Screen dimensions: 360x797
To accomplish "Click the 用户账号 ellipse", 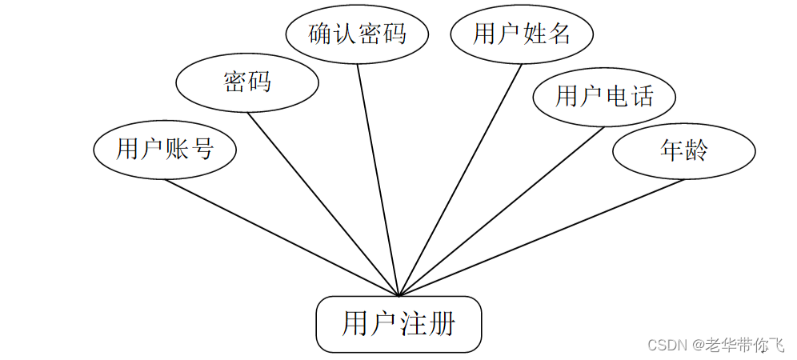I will click(x=165, y=150).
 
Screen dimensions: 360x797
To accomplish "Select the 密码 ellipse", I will click(x=246, y=82).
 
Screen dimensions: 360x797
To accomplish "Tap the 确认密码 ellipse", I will click(x=357, y=34).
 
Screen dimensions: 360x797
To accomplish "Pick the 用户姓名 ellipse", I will click(x=522, y=34).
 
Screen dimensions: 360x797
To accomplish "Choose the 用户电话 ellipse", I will click(x=604, y=97).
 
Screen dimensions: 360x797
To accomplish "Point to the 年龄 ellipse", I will click(x=683, y=150).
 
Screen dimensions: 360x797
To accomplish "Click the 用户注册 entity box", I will click(x=398, y=324).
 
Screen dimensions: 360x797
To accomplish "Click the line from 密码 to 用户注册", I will click(x=322, y=203).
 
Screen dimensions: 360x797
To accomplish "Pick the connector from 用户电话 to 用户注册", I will click(x=502, y=210).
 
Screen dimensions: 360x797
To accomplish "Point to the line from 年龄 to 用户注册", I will click(x=541, y=237).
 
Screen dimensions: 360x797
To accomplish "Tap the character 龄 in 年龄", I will click(x=696, y=150).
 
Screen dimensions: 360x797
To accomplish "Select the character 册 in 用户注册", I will click(x=441, y=324).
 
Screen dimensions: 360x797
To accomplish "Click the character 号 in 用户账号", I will click(x=202, y=150).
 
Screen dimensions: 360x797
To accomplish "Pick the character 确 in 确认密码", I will click(x=321, y=34).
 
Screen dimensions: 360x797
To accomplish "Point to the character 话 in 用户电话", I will click(x=641, y=97).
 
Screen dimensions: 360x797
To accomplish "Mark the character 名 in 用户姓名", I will click(x=559, y=34).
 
